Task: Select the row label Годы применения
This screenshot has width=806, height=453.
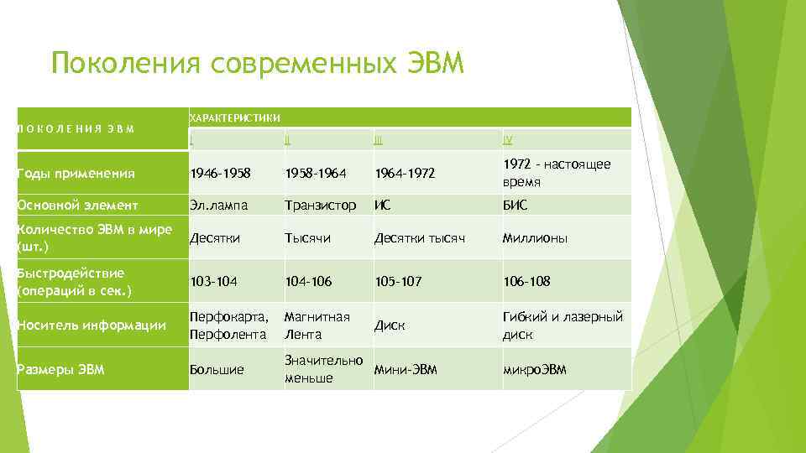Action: [76, 174]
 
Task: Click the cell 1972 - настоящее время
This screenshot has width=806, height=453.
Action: [557, 174]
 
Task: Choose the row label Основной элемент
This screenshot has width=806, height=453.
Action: [78, 205]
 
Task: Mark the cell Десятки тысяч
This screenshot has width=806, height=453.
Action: [419, 238]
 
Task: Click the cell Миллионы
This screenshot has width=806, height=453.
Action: [535, 238]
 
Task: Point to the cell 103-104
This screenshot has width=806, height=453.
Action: [215, 282]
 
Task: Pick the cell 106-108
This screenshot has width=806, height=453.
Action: [526, 282]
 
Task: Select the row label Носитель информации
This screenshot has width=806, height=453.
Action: [92, 325]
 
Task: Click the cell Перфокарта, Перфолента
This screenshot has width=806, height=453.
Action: [229, 325]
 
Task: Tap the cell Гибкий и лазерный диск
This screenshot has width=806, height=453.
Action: [563, 325]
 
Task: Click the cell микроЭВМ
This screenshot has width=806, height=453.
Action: [535, 369]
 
